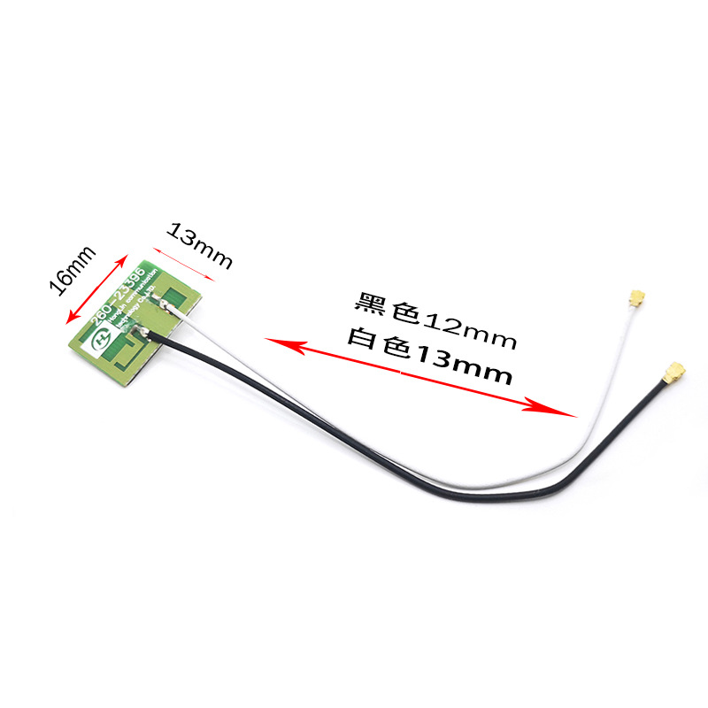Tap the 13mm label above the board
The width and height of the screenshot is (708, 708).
point(200,247)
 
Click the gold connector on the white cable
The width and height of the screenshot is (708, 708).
point(635,299)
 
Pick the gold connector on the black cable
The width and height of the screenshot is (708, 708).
point(673,372)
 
